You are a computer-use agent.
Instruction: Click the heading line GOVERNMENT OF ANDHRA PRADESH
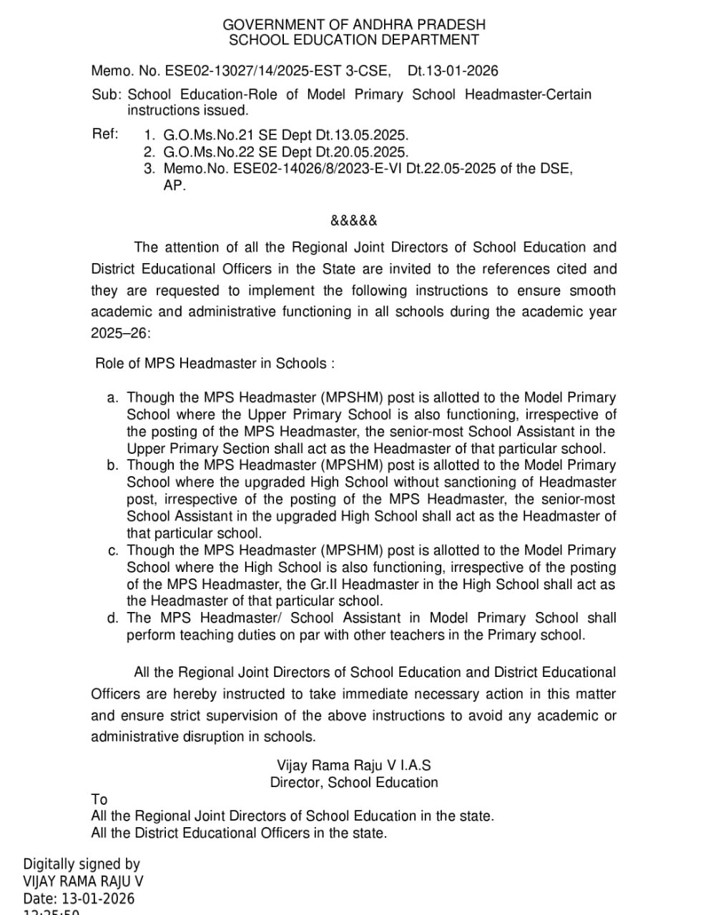[x=354, y=25]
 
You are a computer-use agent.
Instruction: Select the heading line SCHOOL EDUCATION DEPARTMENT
[x=354, y=40]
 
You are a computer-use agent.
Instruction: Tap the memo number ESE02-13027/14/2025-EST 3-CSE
[x=277, y=71]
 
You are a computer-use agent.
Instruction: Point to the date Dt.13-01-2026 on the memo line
[x=453, y=71]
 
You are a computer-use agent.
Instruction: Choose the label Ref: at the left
[x=105, y=134]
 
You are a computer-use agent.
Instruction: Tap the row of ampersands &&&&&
[x=354, y=220]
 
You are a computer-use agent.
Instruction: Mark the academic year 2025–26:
[x=121, y=334]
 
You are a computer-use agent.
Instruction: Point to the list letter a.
[x=112, y=398]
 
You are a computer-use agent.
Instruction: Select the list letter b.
[x=112, y=466]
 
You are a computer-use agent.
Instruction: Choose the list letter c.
[x=112, y=551]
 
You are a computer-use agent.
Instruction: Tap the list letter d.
[x=112, y=618]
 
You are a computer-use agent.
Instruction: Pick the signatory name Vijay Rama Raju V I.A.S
[x=354, y=766]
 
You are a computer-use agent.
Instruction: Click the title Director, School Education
[x=354, y=783]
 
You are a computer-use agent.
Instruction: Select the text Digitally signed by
[x=82, y=864]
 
